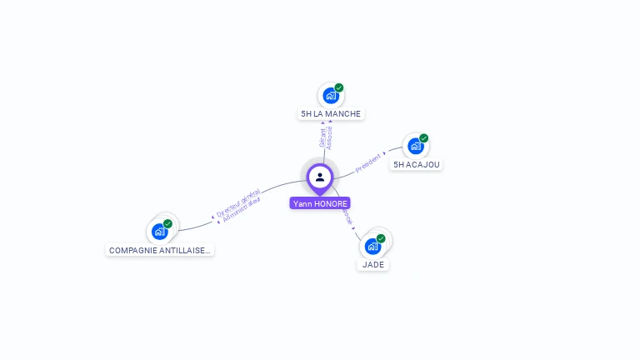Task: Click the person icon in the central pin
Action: point(320,177)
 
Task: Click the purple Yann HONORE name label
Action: point(320,203)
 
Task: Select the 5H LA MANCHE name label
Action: point(331,113)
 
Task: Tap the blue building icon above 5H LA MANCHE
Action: point(330,96)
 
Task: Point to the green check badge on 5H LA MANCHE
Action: point(339,87)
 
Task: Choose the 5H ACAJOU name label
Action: point(417,164)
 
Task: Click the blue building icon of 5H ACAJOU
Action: point(415,146)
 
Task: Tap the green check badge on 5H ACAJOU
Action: point(424,138)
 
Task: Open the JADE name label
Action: point(373,264)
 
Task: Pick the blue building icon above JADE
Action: point(372,246)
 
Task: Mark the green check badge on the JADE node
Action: point(381,238)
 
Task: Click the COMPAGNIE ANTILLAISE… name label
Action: point(160,250)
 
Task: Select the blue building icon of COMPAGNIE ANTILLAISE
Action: point(159,232)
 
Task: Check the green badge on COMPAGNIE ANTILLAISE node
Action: point(167,224)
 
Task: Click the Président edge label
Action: point(367,163)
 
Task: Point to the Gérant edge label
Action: point(322,137)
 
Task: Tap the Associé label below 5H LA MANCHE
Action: point(330,137)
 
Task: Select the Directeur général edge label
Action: point(237,202)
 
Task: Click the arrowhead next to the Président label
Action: point(384,154)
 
